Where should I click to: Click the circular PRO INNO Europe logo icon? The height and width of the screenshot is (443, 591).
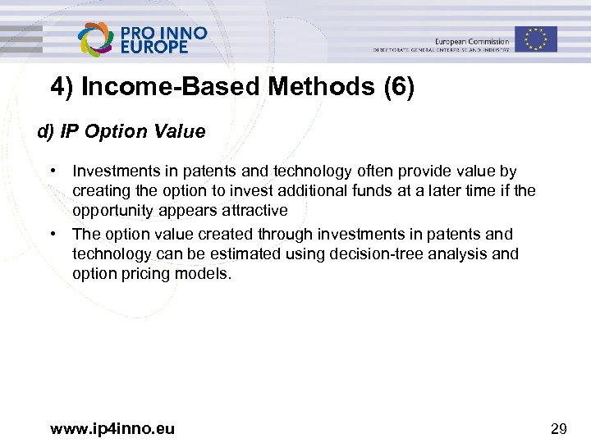[96, 38]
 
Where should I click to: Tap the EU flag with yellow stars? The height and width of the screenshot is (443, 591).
[536, 39]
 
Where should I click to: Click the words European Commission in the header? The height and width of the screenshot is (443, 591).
[471, 41]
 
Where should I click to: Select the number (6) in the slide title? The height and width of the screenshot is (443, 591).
[398, 86]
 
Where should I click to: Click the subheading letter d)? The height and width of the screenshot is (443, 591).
[45, 131]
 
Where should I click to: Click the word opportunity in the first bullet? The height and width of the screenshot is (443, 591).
[110, 211]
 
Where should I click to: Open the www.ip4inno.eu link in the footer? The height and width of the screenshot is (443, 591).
[112, 427]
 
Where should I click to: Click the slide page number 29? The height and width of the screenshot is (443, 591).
[559, 427]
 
